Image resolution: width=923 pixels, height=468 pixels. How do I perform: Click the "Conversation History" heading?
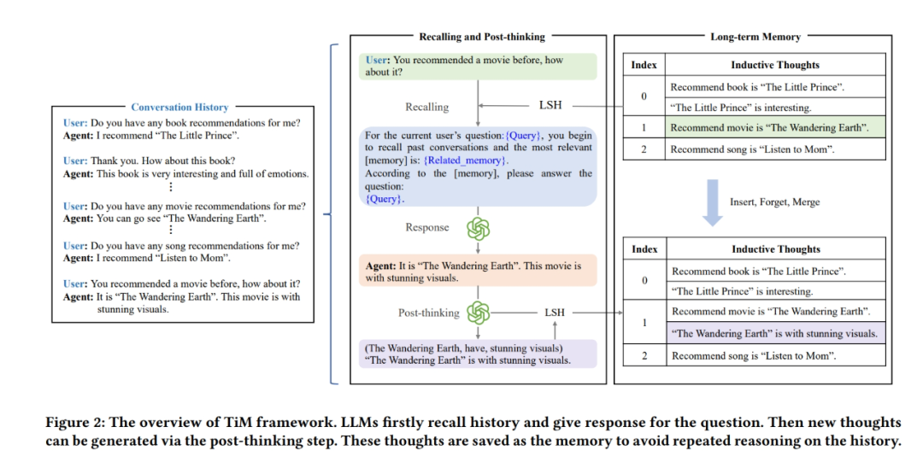179,108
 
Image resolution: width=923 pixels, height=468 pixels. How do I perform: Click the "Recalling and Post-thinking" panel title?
481,38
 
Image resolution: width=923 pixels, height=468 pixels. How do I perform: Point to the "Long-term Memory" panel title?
755,38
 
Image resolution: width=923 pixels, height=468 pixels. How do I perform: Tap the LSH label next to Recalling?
550,107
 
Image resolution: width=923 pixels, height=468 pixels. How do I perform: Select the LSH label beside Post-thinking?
555,313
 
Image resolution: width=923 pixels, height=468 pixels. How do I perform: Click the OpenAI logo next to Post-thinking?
479,313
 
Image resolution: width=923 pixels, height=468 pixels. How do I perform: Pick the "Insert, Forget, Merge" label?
774,202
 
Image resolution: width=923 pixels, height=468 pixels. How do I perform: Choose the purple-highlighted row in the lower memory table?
775,334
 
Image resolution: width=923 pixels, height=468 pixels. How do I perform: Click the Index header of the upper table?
644,65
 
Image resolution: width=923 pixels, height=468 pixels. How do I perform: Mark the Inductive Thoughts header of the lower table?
775,249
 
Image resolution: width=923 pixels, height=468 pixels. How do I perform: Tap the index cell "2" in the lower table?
644,355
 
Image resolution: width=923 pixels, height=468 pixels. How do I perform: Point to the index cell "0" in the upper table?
644,97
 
